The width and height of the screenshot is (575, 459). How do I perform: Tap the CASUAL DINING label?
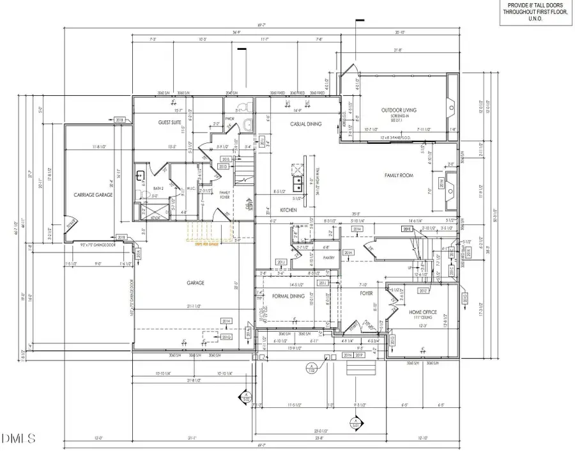click(x=305, y=124)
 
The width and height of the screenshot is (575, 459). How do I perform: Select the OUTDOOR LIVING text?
click(x=399, y=111)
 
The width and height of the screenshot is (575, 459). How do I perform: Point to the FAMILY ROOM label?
click(x=400, y=175)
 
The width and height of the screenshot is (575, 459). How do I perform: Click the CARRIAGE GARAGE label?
click(x=93, y=194)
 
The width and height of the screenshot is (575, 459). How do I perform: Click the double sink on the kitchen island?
click(x=296, y=184)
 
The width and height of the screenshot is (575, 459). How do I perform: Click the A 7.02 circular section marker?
click(x=312, y=369)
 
